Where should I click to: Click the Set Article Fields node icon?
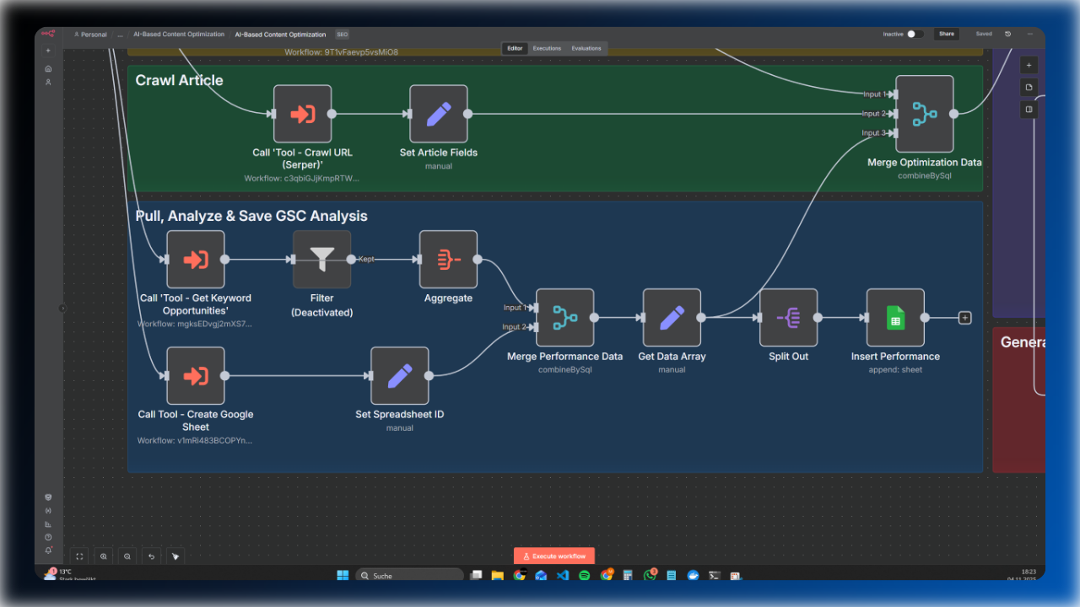coord(439,114)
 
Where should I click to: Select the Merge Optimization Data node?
coord(925,114)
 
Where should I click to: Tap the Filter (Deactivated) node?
coord(321,260)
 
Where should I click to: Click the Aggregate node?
coord(448,260)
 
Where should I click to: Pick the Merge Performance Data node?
coord(564,318)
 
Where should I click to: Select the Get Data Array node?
coord(672,318)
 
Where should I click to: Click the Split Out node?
coord(788,318)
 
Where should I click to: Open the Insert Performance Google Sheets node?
coord(895,318)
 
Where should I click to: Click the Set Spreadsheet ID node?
coord(400,376)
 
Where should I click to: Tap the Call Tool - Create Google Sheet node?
coord(196,376)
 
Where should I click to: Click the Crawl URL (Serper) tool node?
coord(302,114)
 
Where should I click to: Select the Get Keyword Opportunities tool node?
coord(196,260)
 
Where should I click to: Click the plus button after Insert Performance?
coord(965,318)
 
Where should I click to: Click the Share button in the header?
coord(947,35)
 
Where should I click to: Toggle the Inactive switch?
coord(915,35)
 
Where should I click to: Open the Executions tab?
coord(547,48)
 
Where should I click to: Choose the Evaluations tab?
coord(586,48)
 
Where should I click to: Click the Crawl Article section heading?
coord(180,81)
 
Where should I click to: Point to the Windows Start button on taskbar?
coord(343,576)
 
